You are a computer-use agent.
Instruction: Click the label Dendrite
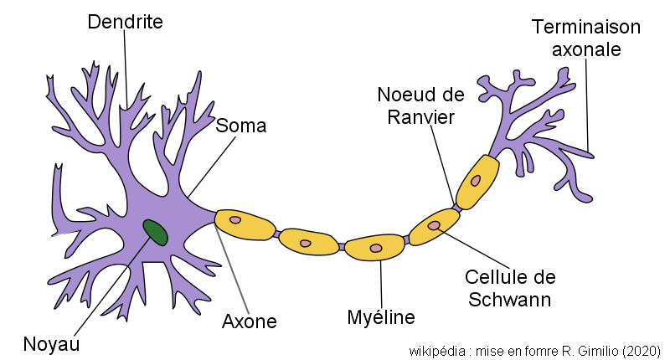pos(125,22)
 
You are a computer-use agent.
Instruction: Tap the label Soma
pos(240,126)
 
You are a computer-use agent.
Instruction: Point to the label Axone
pos(249,321)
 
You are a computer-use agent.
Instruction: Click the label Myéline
pos(381,317)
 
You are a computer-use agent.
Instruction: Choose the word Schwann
pos(510,298)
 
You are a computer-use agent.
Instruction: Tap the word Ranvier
pos(420,116)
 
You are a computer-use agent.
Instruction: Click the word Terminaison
pos(585,27)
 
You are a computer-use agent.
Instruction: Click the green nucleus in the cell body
pos(155,232)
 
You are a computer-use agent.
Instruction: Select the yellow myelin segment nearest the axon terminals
pos(477,181)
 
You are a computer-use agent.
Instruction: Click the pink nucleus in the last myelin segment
pos(476,180)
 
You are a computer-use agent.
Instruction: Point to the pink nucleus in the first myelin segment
pos(235,221)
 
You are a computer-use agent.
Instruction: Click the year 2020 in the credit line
pos(644,350)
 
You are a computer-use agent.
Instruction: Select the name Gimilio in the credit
pos(595,350)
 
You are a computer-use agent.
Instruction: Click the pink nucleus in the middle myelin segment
pos(376,248)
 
